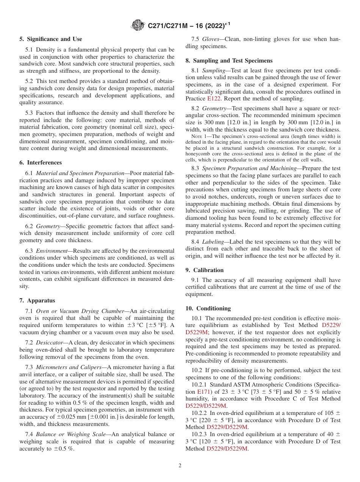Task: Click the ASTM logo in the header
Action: [x=138, y=25]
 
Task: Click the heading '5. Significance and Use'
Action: [x=50, y=39]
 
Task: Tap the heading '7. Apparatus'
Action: [x=37, y=300]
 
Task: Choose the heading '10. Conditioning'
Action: [x=208, y=308]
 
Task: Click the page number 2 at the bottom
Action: [x=180, y=466]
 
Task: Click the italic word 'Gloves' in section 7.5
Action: [x=211, y=39]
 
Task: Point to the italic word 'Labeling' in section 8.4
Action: [x=213, y=241]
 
